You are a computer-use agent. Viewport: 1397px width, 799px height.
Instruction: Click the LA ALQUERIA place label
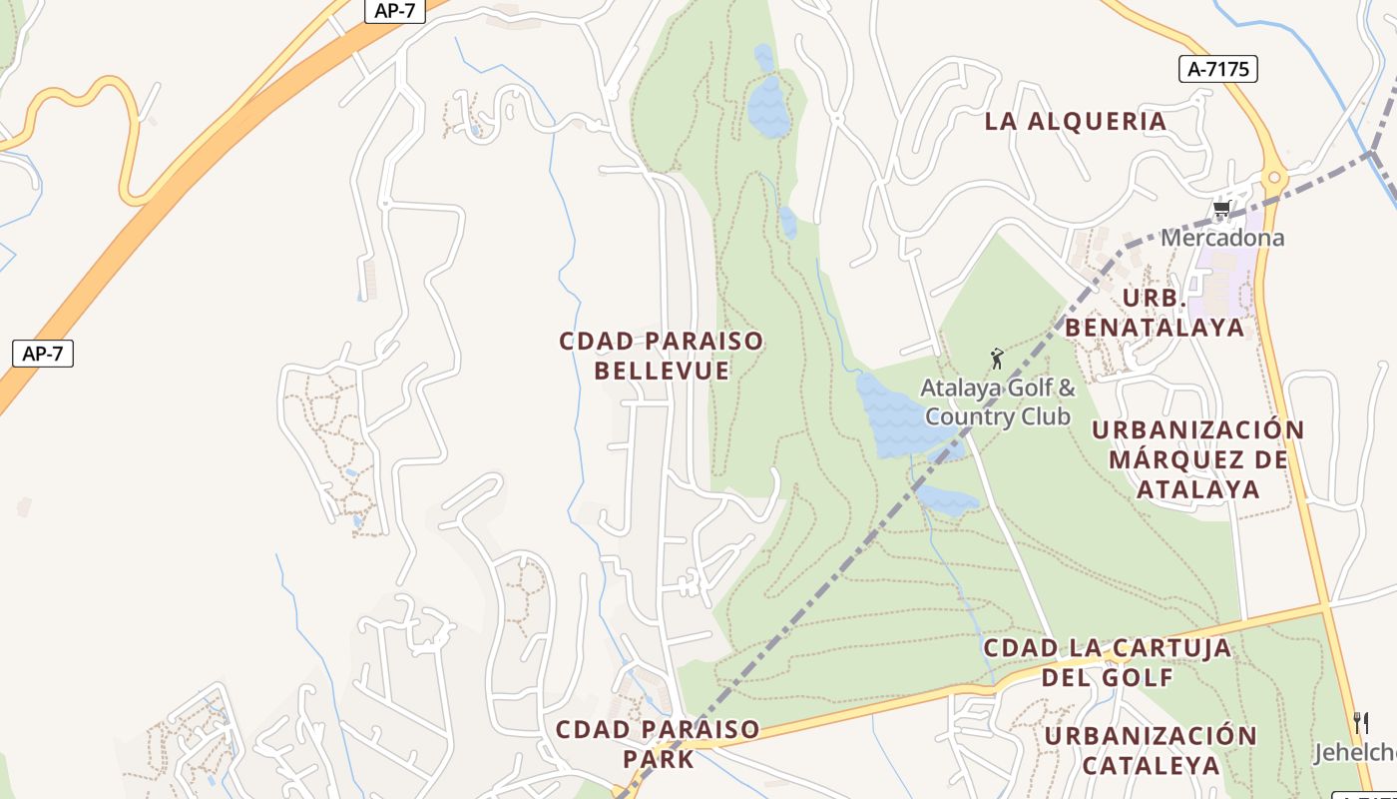point(1076,122)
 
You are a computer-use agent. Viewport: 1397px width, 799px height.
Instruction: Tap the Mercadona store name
point(1221,238)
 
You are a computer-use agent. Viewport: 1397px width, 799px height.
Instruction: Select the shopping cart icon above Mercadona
point(1221,209)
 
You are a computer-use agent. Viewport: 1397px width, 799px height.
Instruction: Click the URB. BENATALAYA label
point(1155,313)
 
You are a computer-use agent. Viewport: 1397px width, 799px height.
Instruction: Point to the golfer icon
point(996,359)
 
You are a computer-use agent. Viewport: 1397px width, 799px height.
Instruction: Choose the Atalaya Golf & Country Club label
point(998,401)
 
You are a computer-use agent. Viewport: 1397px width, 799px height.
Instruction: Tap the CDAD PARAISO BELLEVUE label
point(661,356)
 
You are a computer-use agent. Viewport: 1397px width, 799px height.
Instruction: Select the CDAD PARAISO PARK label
point(658,744)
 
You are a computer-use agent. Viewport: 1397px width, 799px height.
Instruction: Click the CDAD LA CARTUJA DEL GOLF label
point(1108,662)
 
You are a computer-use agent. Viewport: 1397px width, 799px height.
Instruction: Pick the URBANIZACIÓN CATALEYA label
point(1151,750)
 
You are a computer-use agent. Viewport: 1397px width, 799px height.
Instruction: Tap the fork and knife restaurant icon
point(1360,722)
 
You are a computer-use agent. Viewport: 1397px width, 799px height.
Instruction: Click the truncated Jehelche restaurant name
point(1355,752)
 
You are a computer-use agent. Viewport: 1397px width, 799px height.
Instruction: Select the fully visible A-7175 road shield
point(1217,68)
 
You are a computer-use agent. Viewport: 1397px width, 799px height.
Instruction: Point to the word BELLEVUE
point(662,371)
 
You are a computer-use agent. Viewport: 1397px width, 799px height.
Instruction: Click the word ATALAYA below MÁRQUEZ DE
point(1197,489)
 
